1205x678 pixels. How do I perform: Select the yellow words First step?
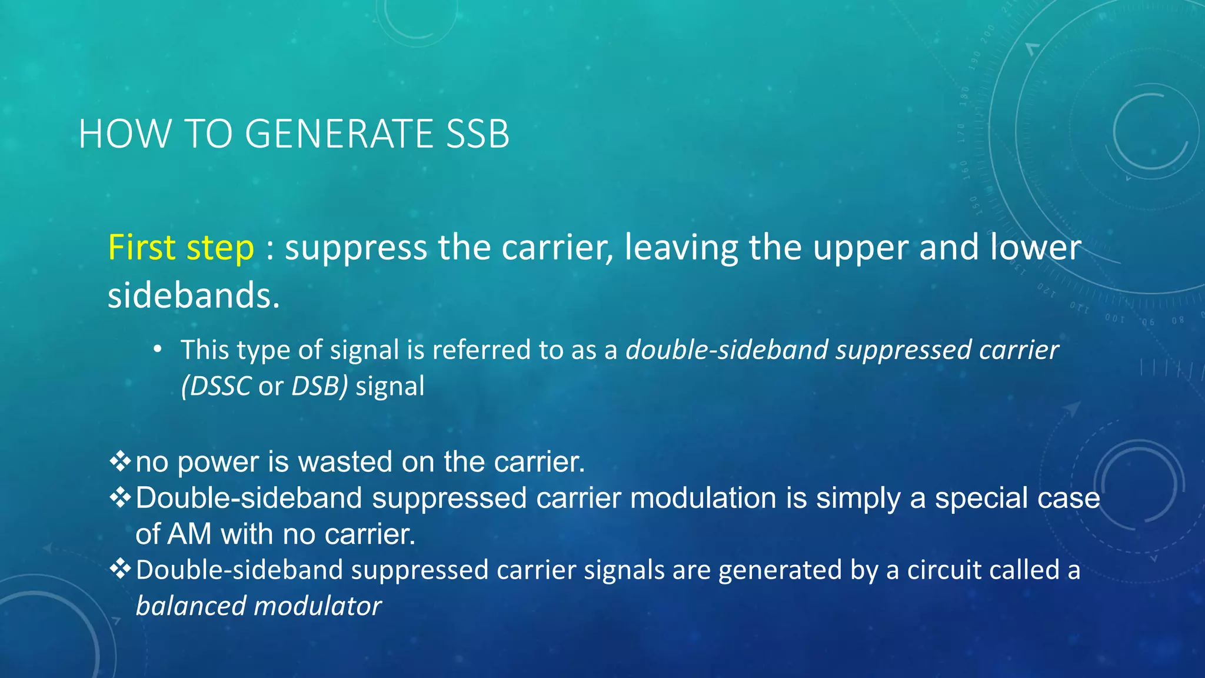click(181, 247)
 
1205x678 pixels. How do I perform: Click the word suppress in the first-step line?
click(356, 247)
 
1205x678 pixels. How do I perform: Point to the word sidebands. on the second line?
click(194, 295)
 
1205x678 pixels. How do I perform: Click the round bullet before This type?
click(157, 350)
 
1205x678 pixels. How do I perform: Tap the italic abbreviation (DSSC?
click(216, 386)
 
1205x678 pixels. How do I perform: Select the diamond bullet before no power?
click(120, 461)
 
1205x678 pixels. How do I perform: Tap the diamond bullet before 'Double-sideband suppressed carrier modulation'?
click(120, 497)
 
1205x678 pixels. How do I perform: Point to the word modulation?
click(703, 498)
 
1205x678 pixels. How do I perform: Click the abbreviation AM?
click(189, 534)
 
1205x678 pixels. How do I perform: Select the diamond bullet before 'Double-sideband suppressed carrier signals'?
click(120, 569)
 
